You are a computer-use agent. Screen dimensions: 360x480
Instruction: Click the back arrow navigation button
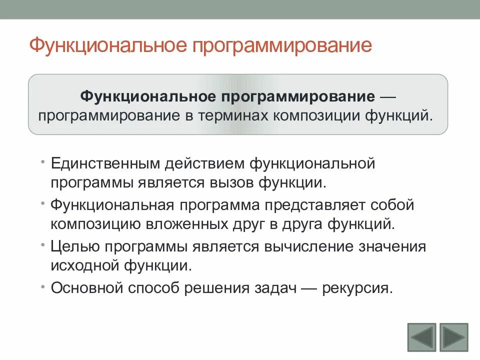[421, 337]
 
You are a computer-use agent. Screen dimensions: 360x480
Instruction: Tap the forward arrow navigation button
[453, 337]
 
